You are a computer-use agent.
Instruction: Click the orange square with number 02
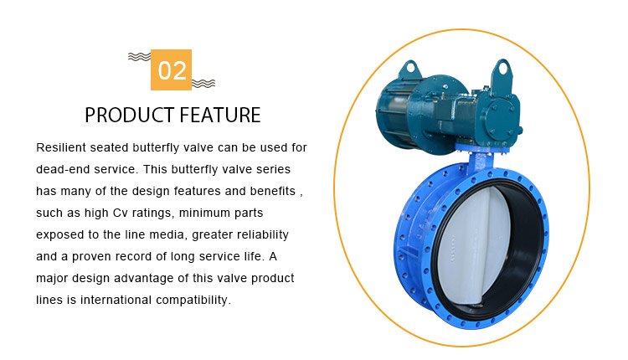coord(171,69)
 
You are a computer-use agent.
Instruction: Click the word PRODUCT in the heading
coord(129,115)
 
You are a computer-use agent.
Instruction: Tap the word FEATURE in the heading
coord(220,115)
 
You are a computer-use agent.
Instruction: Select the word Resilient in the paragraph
coord(61,147)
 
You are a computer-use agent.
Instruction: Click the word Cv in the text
coord(120,213)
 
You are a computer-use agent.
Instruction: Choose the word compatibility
coord(193,300)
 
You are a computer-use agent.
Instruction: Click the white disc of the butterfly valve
coord(473,246)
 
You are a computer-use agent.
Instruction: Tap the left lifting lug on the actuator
coord(409,69)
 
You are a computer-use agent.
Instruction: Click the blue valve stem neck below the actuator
coord(481,162)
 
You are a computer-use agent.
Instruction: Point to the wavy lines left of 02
coord(139,57)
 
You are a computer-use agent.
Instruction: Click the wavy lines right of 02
coord(203,83)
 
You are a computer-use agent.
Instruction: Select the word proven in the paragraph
coord(92,257)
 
